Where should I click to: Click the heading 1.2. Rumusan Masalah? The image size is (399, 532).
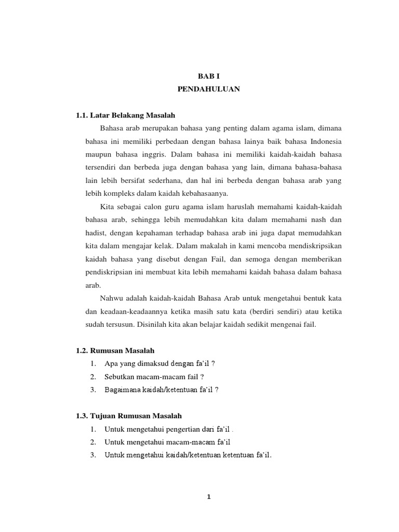tap(115, 351)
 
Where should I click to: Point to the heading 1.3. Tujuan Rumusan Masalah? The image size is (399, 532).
tap(129, 416)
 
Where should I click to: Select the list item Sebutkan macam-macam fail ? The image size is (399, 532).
tap(154, 377)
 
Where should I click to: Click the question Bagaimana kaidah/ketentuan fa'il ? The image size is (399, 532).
tap(162, 390)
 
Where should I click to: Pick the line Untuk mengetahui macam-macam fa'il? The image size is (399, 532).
tap(167, 442)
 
